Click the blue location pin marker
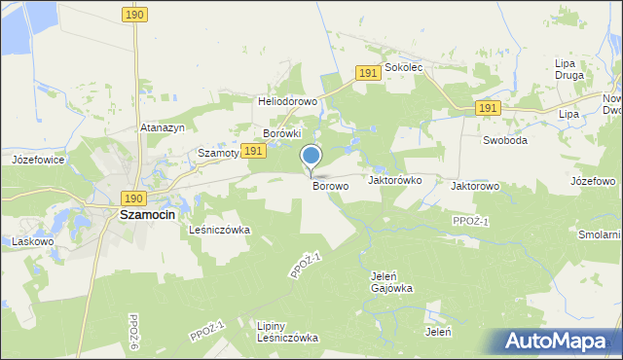[x=311, y=156]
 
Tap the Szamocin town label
[x=146, y=214]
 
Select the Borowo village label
[x=331, y=186]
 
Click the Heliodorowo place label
[x=287, y=101]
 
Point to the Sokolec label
[x=403, y=69]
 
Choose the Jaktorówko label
[x=394, y=180]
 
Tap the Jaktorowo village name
[x=475, y=186]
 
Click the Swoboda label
[x=505, y=140]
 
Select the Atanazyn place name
[x=163, y=127]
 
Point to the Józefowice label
[x=38, y=159]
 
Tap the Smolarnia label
[x=598, y=235]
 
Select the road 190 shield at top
[x=135, y=14]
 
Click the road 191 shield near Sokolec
[x=367, y=74]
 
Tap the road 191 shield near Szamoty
[x=253, y=151]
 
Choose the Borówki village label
[x=283, y=133]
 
